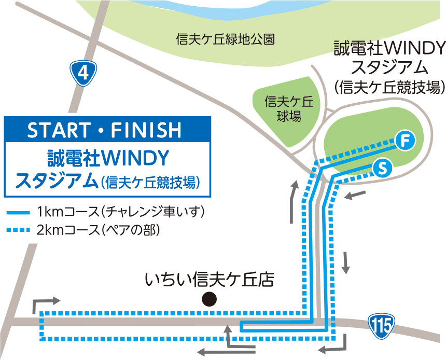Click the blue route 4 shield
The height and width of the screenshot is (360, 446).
pyautogui.click(x=83, y=74)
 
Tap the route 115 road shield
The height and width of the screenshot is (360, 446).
pyautogui.click(x=382, y=325)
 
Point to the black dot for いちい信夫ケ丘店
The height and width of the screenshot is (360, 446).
pyautogui.click(x=209, y=299)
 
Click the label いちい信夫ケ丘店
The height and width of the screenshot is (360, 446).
pyautogui.click(x=209, y=280)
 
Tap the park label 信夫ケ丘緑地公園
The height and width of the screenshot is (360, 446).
pyautogui.click(x=225, y=39)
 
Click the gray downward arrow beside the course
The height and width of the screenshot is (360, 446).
pyautogui.click(x=346, y=264)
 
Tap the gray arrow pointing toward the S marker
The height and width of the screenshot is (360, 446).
pyautogui.click(x=357, y=195)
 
